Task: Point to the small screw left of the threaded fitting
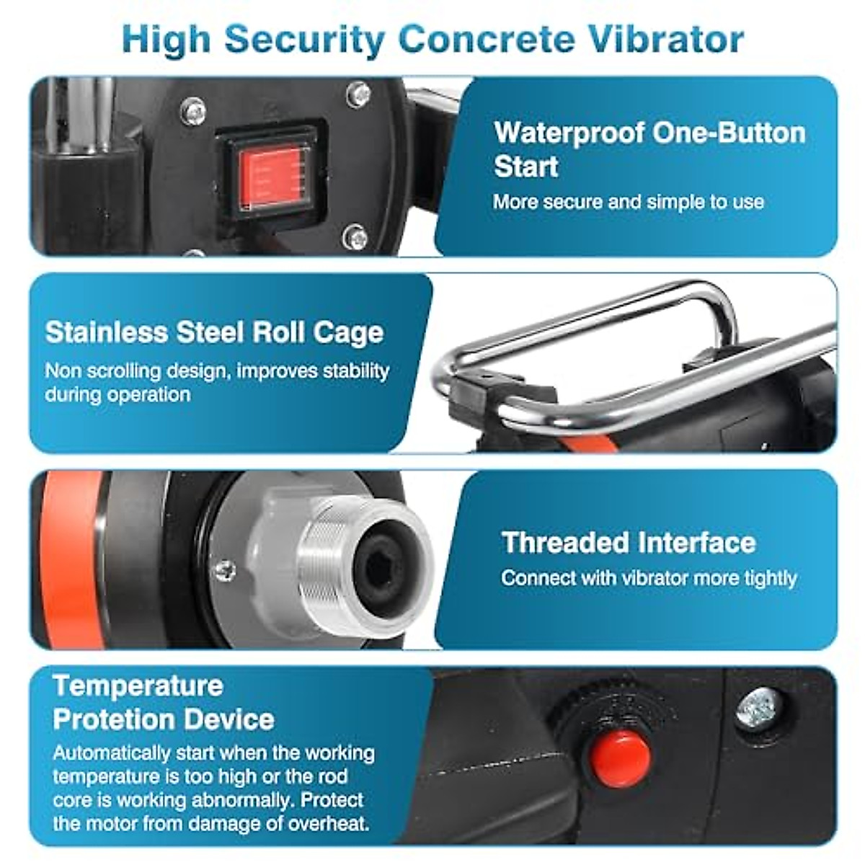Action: tap(225, 570)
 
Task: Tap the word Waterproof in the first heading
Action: tap(569, 133)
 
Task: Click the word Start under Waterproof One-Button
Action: tap(526, 167)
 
